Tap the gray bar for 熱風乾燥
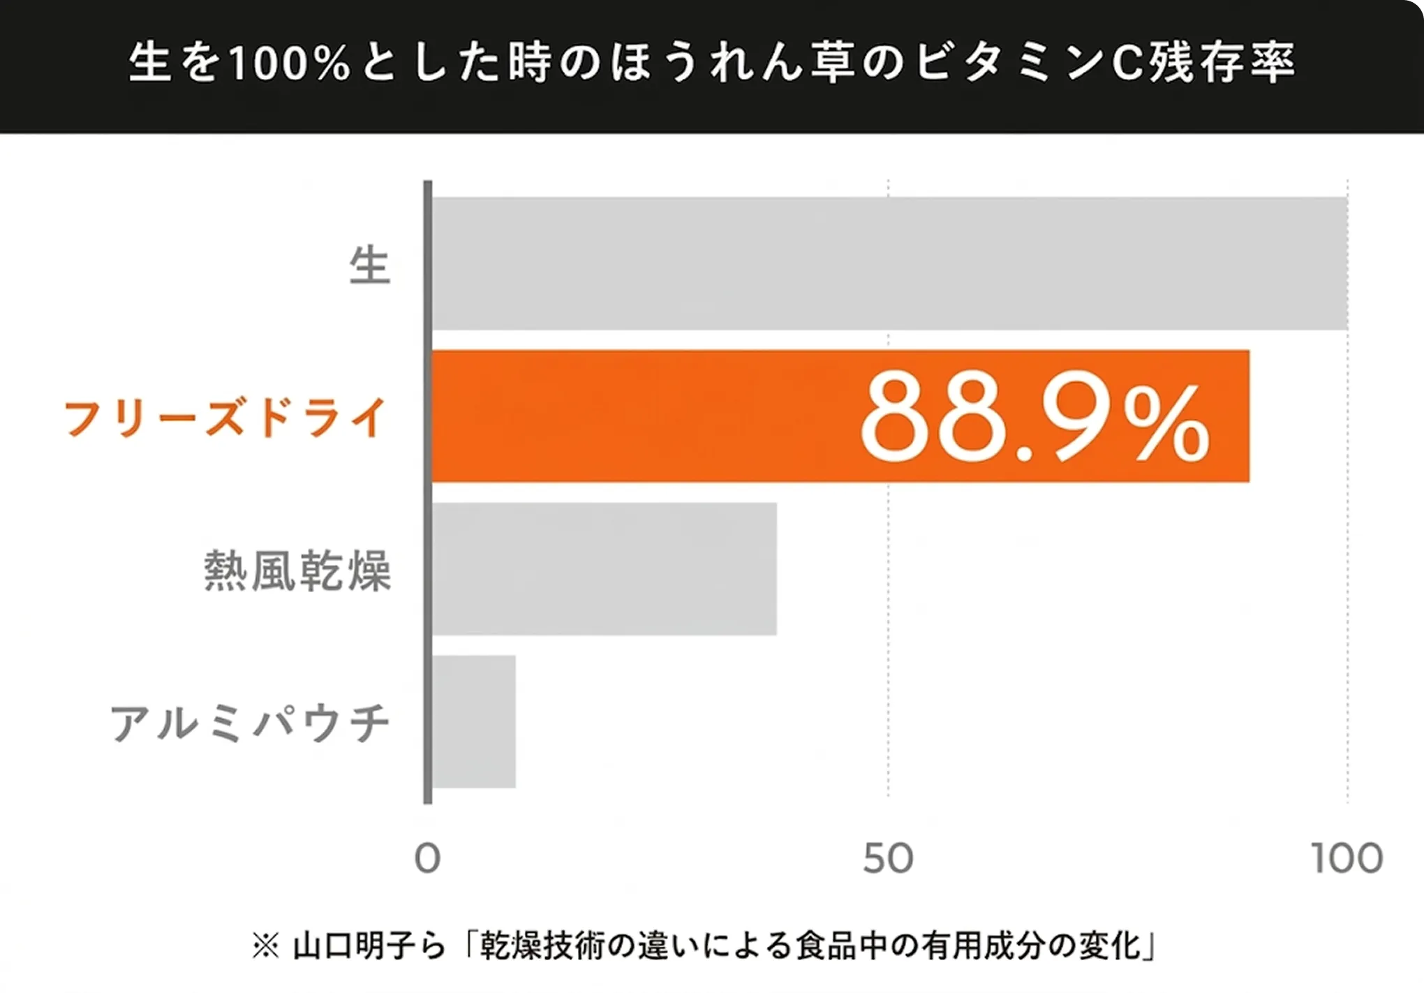604,568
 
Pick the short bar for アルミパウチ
474,721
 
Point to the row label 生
369,266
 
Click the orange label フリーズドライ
225,418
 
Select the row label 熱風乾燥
298,571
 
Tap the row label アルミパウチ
250,723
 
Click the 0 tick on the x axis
427,859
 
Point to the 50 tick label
888,859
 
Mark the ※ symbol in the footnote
265,948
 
